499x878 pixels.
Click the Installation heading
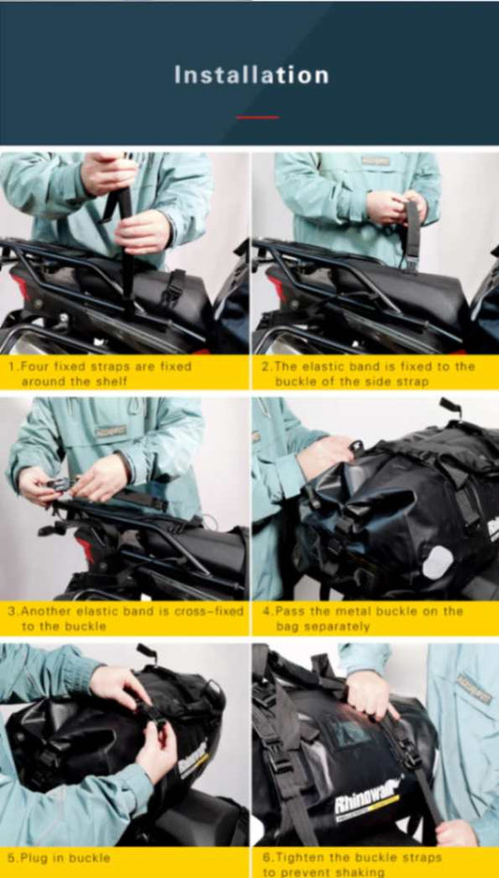tap(251, 75)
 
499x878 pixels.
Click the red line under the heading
tap(257, 117)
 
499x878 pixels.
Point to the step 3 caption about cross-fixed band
tap(125, 618)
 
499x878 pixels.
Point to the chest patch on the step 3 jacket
tap(110, 432)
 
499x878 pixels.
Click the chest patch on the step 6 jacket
tap(474, 689)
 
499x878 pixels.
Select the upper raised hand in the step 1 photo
tap(107, 173)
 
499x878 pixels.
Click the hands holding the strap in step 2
tap(394, 206)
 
